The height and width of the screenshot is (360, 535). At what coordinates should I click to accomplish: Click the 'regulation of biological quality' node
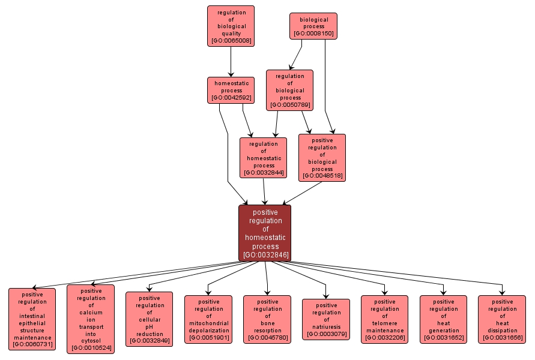coord(231,26)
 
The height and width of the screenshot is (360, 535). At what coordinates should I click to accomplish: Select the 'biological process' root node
coord(313,26)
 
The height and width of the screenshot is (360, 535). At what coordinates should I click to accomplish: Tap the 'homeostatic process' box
coord(231,90)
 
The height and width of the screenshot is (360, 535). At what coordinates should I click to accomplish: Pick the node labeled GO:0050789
coord(289,90)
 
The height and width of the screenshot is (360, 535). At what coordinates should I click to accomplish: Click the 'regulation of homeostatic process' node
coord(264,158)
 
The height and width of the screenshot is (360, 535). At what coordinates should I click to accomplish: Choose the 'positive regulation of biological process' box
coord(322,157)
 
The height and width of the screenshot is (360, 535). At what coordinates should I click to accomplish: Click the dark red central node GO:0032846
coord(265,233)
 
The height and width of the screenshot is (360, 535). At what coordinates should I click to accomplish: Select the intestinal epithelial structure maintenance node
coord(32,319)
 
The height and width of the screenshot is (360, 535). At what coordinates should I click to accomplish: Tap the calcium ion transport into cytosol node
coord(91,319)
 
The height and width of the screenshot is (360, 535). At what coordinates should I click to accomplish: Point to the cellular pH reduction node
coord(150,319)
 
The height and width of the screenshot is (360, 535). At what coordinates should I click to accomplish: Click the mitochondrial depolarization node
coord(208,319)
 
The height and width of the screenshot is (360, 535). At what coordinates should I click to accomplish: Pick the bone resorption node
coord(267,319)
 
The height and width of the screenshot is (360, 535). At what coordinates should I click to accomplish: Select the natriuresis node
coord(326,319)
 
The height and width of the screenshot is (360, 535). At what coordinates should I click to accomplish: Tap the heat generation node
coord(444,319)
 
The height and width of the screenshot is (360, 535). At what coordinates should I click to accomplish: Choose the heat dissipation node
coord(502,319)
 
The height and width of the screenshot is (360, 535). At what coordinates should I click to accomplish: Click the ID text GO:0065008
coord(231,41)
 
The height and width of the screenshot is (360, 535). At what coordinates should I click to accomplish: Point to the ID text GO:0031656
coord(502,338)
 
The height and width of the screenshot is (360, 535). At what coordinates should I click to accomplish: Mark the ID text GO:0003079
coord(326,334)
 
